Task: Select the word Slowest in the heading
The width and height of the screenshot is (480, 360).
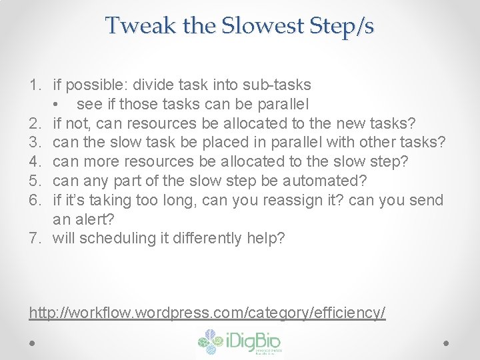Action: click(x=244, y=26)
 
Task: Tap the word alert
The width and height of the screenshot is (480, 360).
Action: click(x=93, y=219)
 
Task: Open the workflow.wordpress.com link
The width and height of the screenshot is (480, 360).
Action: click(x=207, y=312)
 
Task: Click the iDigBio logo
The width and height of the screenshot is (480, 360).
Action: click(x=240, y=343)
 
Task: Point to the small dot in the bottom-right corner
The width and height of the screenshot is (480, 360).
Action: click(x=447, y=343)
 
